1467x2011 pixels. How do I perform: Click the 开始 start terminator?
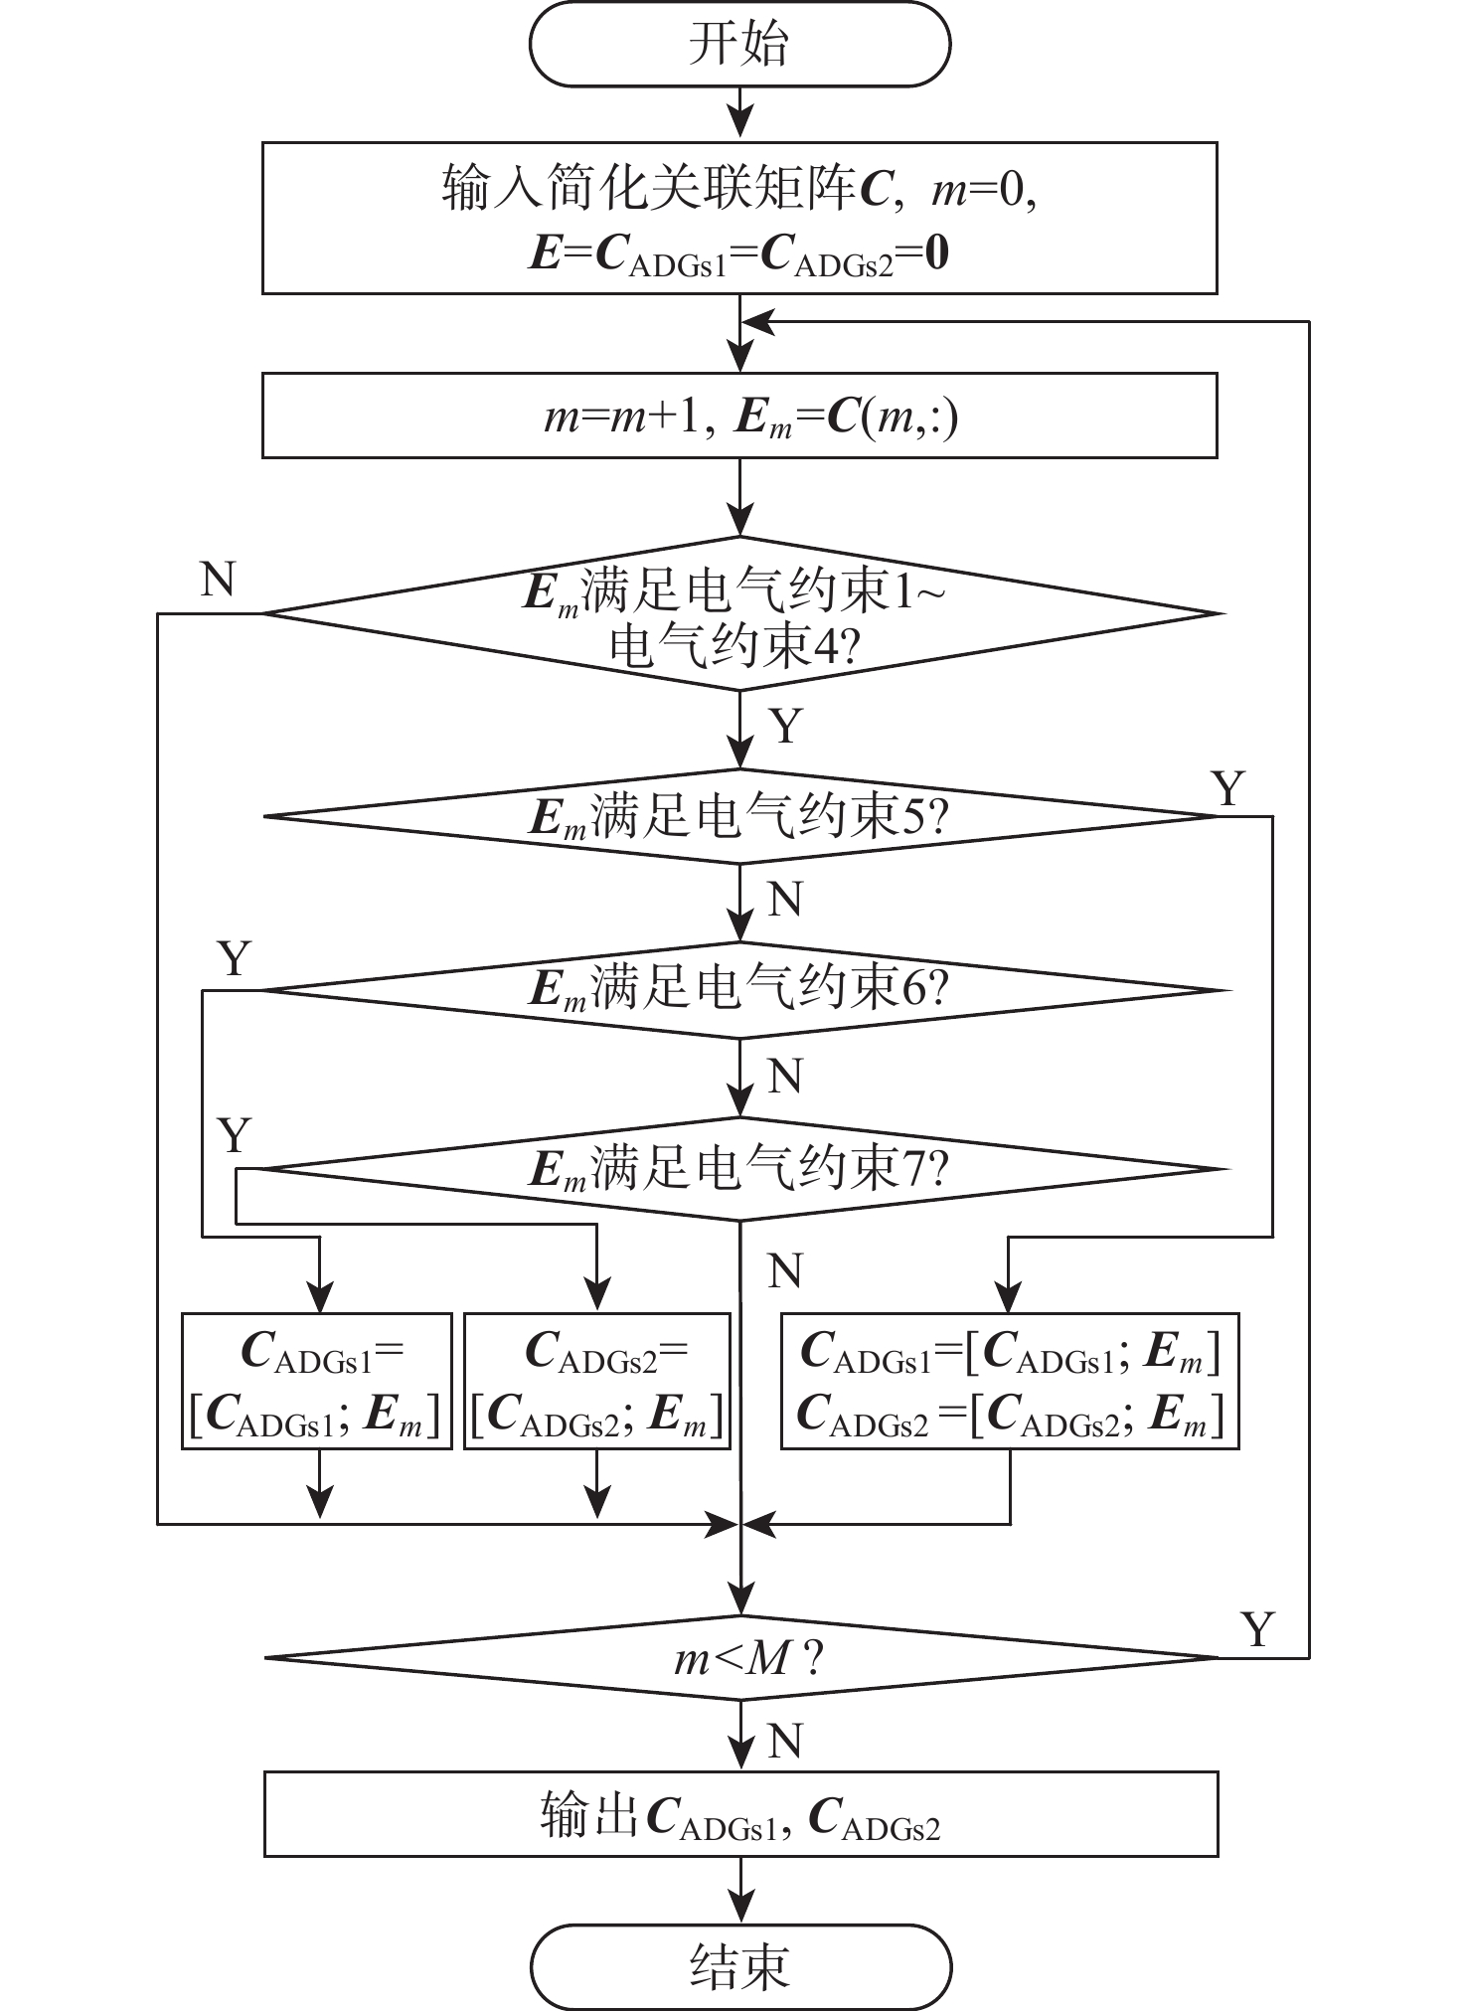pyautogui.click(x=739, y=46)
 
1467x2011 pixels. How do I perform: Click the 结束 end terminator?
pyautogui.click(x=739, y=1965)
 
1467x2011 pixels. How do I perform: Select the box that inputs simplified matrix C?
pyautogui.click(x=739, y=218)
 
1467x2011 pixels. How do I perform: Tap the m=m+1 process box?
pyautogui.click(x=739, y=416)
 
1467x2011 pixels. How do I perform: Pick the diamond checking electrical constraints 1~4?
pyautogui.click(x=739, y=614)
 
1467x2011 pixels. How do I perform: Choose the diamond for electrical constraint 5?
pyautogui.click(x=739, y=817)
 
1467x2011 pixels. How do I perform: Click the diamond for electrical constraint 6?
pyautogui.click(x=739, y=990)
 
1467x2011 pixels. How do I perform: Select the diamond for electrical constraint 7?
pyautogui.click(x=739, y=1169)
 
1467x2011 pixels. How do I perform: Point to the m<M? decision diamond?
pyautogui.click(x=739, y=1658)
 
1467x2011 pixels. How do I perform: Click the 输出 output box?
pyautogui.click(x=739, y=1814)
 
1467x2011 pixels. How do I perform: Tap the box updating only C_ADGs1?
pyautogui.click(x=316, y=1382)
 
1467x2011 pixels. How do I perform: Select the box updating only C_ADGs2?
pyautogui.click(x=597, y=1382)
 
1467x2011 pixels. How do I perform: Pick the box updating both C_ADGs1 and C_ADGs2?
pyautogui.click(x=1010, y=1382)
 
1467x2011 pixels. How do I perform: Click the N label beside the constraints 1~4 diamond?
pyautogui.click(x=218, y=579)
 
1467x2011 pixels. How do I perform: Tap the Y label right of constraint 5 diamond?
pyautogui.click(x=1229, y=789)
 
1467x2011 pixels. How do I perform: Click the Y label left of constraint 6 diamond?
pyautogui.click(x=234, y=959)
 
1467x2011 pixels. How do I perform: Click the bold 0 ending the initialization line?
pyautogui.click(x=936, y=254)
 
